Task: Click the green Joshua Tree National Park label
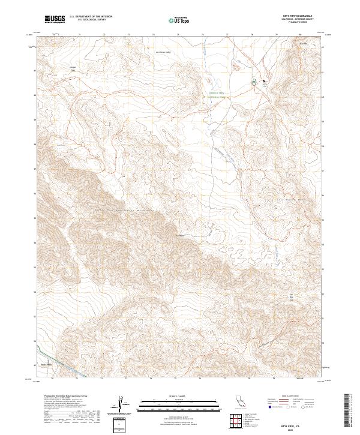(217, 94)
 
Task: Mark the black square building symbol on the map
(265, 82)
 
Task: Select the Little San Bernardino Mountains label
(123, 211)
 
